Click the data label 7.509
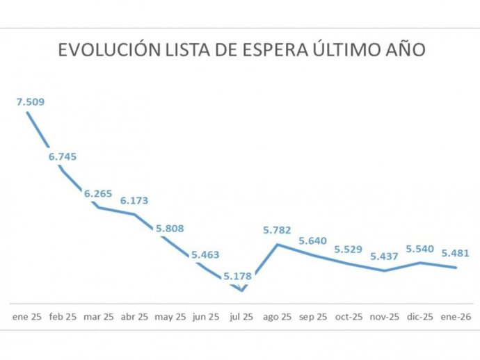pyautogui.click(x=30, y=102)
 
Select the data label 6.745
pyautogui.click(x=63, y=156)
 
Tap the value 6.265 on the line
pyautogui.click(x=98, y=194)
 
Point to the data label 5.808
pyautogui.click(x=170, y=227)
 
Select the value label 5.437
pyautogui.click(x=385, y=256)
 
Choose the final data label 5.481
pyautogui.click(x=456, y=254)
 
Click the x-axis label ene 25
pyautogui.click(x=27, y=316)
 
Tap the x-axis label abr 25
pyautogui.click(x=134, y=316)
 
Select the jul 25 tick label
pyautogui.click(x=241, y=316)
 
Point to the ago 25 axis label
pyautogui.click(x=277, y=316)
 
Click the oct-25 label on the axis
pyautogui.click(x=349, y=316)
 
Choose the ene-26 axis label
pyautogui.click(x=456, y=316)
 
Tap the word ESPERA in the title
pyautogui.click(x=295, y=50)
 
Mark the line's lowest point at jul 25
pyautogui.click(x=241, y=291)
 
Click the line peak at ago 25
pyautogui.click(x=278, y=244)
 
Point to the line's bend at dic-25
pyautogui.click(x=420, y=262)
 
